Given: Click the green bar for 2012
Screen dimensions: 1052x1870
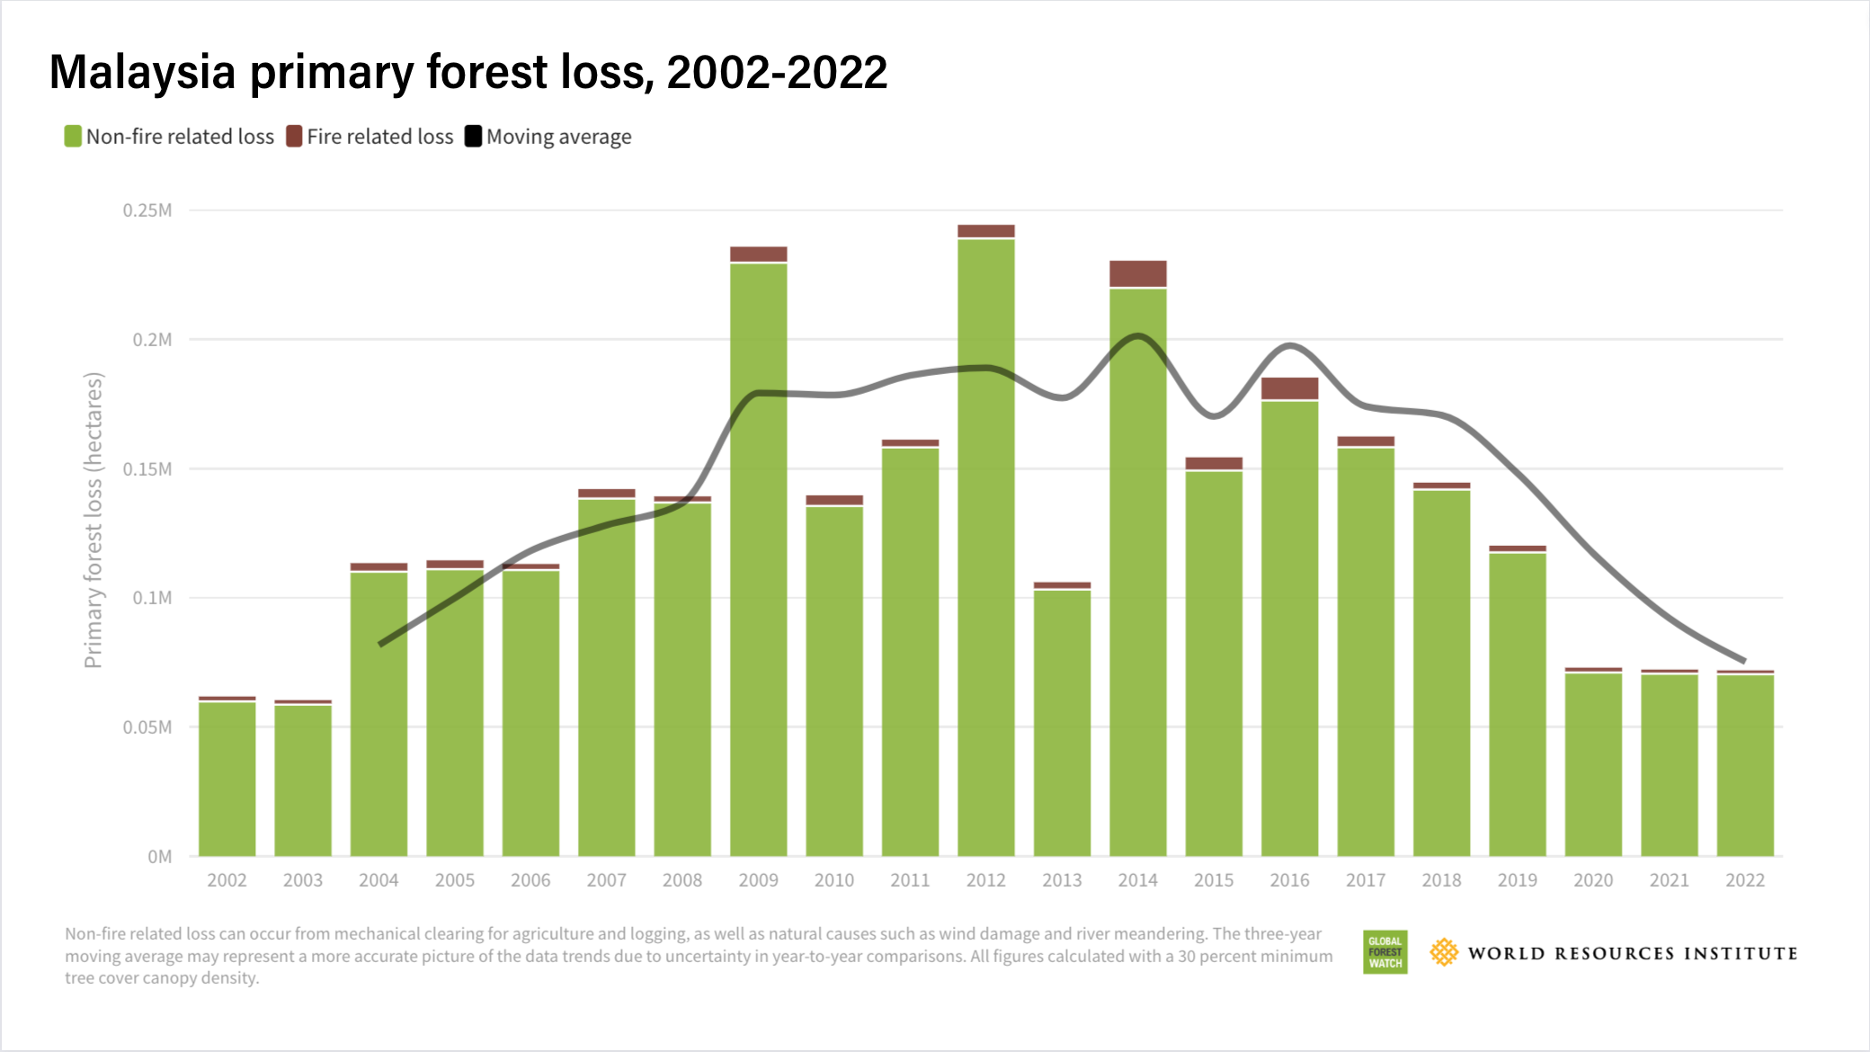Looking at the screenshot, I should coord(986,548).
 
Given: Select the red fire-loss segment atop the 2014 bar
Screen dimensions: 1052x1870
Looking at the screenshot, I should coord(1138,273).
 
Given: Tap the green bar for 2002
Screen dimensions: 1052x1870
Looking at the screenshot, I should coord(227,779).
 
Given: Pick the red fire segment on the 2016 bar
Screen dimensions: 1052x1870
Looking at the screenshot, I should coord(1289,388).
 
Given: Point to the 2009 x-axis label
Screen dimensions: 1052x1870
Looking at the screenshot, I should coord(758,880).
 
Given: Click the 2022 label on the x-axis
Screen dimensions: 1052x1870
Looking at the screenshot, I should coord(1744,880).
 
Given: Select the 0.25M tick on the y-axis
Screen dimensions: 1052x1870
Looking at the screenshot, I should coord(147,210).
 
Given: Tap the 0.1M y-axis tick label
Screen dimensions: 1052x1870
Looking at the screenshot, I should coord(152,598).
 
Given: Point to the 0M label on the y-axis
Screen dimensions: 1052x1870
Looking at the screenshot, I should coord(159,857).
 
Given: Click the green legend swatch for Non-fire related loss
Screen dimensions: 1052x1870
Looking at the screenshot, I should coord(73,137).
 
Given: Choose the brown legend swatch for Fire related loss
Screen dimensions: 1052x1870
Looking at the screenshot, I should coord(294,137).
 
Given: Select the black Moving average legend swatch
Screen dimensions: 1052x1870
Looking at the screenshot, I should coord(473,137).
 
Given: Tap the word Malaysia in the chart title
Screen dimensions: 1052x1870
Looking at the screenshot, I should coord(142,72).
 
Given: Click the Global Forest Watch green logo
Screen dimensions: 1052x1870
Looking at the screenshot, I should coord(1385,952).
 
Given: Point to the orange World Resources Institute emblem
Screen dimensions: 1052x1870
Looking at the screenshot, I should coord(1444,952).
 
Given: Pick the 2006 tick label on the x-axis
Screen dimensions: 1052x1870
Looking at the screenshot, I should coord(530,880).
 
